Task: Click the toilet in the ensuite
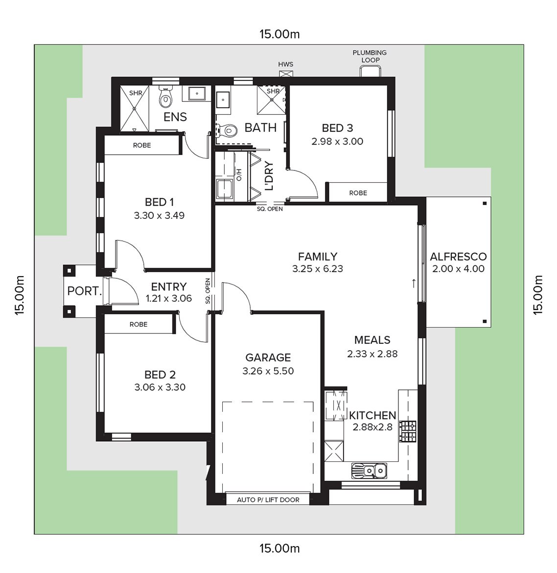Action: pos(165,97)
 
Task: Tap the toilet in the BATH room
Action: pos(227,129)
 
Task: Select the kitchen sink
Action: pos(369,471)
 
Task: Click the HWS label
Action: pos(286,64)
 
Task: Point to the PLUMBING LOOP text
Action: pos(370,56)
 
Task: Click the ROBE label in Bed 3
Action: pos(358,193)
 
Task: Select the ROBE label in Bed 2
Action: pos(139,325)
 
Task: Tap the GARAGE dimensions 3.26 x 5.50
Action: pos(268,371)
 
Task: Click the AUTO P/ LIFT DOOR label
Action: pos(268,500)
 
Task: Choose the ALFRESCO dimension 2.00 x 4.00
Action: pos(459,268)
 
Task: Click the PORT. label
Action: pos(84,291)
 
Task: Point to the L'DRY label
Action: pos(269,176)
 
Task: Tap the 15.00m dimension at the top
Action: pos(280,34)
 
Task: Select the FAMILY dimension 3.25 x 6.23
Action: pos(318,269)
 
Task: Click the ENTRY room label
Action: pos(169,286)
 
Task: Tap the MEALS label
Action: pos(372,340)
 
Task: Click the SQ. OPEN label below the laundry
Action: pos(270,209)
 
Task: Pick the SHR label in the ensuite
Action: pos(136,93)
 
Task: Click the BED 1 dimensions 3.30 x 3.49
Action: pos(159,215)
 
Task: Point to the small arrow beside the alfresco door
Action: pos(414,283)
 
